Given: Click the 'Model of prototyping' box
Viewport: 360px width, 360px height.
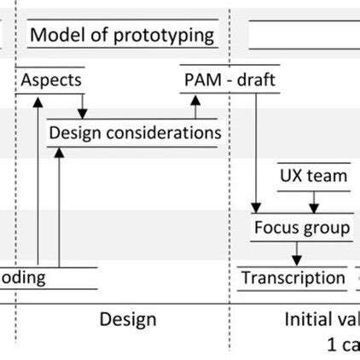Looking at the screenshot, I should coord(122,36).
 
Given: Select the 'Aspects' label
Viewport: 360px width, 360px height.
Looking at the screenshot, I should coord(51,80).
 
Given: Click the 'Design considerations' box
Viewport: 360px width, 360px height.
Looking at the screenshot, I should coord(135,133).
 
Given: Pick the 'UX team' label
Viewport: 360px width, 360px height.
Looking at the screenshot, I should coord(314,176).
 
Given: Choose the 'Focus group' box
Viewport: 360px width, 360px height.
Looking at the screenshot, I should coord(301,228).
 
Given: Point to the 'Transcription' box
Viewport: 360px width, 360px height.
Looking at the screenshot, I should coord(293,278).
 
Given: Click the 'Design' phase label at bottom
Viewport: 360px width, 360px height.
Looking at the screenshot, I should coord(128,320).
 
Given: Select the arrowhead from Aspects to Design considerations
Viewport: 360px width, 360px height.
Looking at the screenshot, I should coord(82,113).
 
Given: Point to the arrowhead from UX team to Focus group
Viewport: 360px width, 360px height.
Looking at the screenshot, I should coord(314,207).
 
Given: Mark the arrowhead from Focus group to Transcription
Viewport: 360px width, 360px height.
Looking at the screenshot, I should coord(296,258).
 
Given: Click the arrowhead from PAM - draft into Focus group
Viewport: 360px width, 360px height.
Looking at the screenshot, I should coord(255,207).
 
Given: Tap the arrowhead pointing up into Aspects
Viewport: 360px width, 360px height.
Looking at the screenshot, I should coord(38,100).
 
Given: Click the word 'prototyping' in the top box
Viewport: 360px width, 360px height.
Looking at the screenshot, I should coord(167,36).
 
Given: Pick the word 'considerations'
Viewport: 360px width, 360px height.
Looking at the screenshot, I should coord(168,133).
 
